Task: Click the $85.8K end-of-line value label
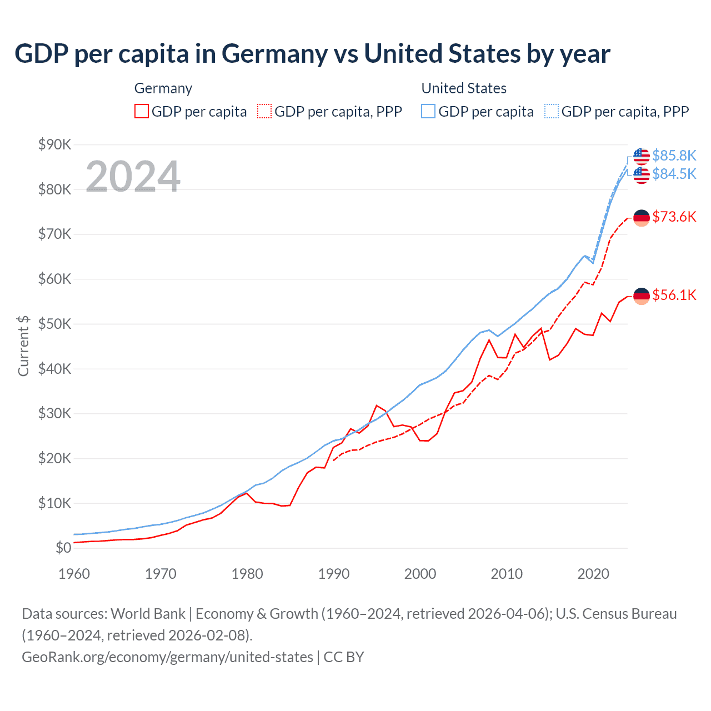click(x=674, y=155)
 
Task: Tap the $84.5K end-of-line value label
click(x=674, y=174)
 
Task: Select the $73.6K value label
click(x=674, y=217)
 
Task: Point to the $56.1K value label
click(x=674, y=295)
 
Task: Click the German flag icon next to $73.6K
click(x=642, y=218)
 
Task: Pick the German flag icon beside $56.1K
click(x=642, y=296)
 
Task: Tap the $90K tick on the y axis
click(x=54, y=144)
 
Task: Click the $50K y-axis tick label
click(x=54, y=324)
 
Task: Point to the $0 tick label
click(x=63, y=548)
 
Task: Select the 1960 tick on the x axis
click(x=74, y=574)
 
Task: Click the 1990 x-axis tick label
click(x=333, y=574)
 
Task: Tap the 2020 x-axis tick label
click(x=593, y=574)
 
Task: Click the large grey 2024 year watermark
click(x=133, y=177)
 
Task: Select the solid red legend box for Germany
click(x=142, y=111)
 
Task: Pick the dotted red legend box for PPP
click(x=264, y=111)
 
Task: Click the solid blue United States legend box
click(x=428, y=111)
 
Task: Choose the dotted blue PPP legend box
click(x=552, y=111)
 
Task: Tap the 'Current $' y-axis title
click(x=23, y=346)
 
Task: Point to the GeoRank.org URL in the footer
click(x=167, y=657)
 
